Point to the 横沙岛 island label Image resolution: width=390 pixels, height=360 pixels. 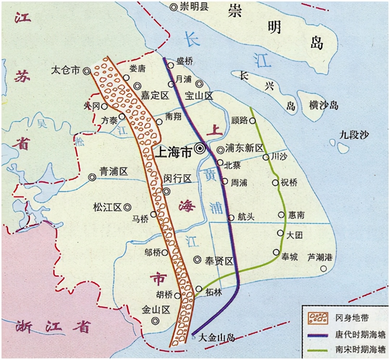tap(324, 105)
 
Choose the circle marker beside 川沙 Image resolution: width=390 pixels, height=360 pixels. tap(265, 157)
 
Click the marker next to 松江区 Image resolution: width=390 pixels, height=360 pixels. tap(127, 207)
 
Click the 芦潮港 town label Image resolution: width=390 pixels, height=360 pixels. tap(320, 258)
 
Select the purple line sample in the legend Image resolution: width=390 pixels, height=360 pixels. tap(317, 334)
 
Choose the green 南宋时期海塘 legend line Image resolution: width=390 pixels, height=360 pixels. tap(317, 350)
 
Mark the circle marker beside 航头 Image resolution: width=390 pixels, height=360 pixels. tap(231, 218)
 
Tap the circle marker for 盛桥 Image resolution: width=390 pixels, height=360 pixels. tap(170, 65)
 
